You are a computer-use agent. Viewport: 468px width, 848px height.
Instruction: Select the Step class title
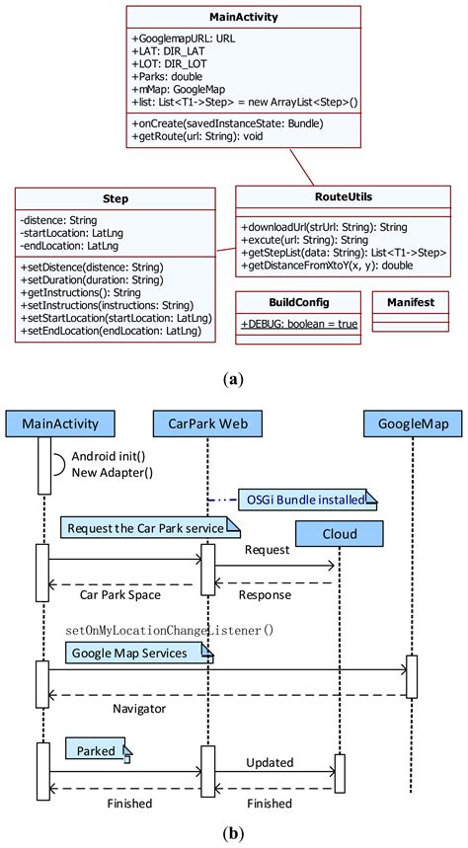point(115,198)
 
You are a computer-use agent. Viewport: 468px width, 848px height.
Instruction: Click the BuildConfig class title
point(298,302)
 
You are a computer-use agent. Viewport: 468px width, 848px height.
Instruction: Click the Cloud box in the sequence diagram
point(340,533)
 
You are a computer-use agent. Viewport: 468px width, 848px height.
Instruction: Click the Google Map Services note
point(138,652)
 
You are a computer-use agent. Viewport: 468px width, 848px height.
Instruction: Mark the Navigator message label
point(138,709)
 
